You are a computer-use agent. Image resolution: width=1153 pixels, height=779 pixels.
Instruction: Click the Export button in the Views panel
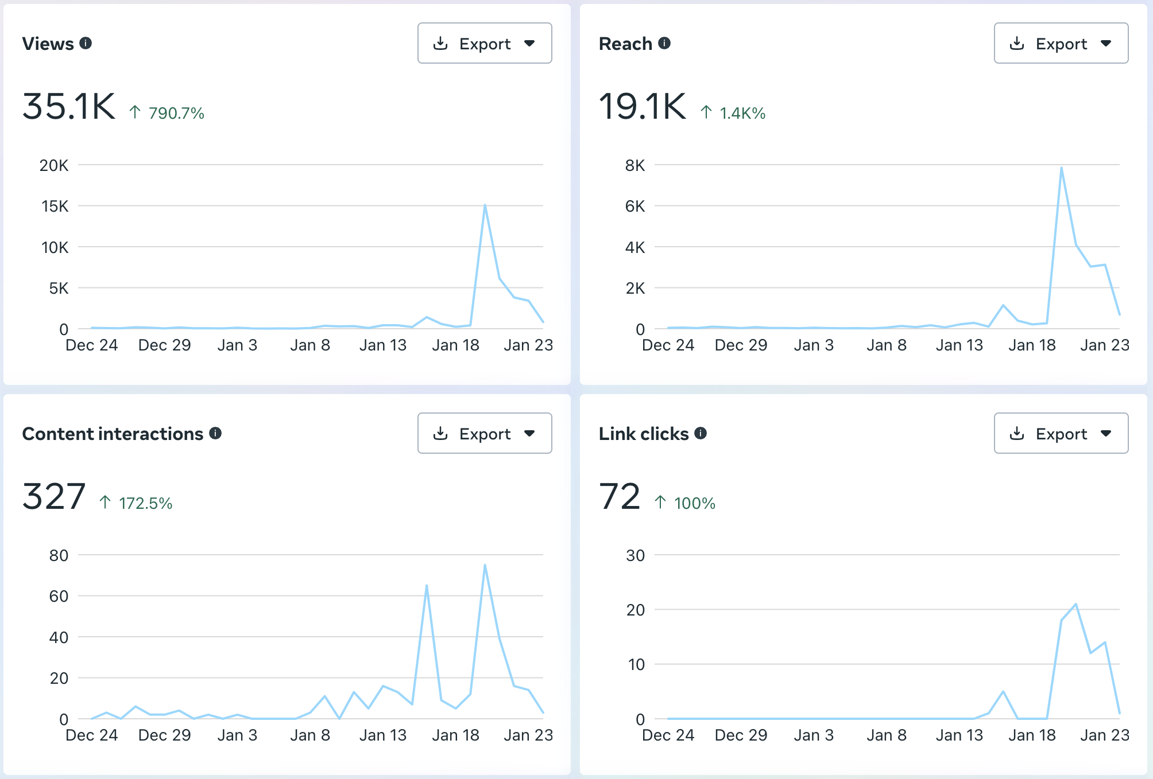485,43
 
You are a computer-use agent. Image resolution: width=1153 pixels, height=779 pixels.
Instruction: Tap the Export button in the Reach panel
1061,43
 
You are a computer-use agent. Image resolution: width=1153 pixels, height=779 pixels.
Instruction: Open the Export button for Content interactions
485,433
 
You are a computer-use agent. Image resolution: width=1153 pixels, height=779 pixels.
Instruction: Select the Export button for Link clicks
1061,433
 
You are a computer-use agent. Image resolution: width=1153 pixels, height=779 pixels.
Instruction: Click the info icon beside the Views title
86,43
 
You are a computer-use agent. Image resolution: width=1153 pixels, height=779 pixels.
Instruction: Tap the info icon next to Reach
664,43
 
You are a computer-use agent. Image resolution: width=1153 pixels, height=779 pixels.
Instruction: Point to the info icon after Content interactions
215,433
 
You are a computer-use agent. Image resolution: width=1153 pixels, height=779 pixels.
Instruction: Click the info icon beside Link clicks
701,433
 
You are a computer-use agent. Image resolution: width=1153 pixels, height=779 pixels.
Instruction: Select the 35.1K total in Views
69,107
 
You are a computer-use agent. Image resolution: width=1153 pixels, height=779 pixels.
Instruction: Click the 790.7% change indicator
167,113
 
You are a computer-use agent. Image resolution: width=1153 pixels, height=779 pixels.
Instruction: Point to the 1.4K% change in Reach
733,113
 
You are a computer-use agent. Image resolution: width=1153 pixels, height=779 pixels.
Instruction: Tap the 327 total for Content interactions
54,497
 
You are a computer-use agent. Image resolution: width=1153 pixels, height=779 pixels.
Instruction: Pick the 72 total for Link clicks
620,497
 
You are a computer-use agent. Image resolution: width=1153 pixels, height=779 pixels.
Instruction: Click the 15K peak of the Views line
485,205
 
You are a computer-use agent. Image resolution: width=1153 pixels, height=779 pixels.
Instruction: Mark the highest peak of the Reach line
1062,168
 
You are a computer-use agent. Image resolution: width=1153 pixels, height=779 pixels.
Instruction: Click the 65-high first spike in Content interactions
427,585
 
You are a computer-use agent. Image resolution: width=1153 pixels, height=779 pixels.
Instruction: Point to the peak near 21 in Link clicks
1076,604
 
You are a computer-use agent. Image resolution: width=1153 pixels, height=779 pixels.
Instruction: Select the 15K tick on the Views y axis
55,206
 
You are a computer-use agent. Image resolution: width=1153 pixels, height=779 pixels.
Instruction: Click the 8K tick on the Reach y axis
635,165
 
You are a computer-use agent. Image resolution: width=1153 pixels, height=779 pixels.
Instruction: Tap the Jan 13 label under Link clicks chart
959,735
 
